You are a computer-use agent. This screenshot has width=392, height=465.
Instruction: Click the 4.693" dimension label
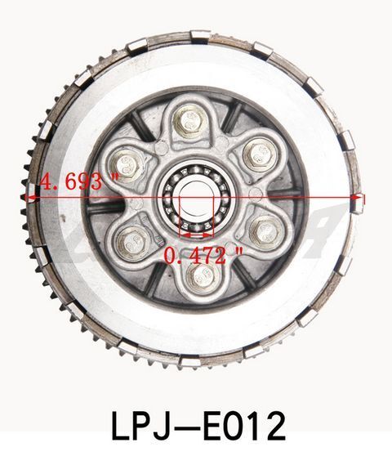tap(79, 181)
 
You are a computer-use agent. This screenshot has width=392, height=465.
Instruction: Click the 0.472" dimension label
tap(203, 255)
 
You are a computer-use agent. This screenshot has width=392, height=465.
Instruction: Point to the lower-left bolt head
tap(131, 244)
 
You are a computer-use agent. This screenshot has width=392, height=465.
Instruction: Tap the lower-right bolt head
tap(265, 231)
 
